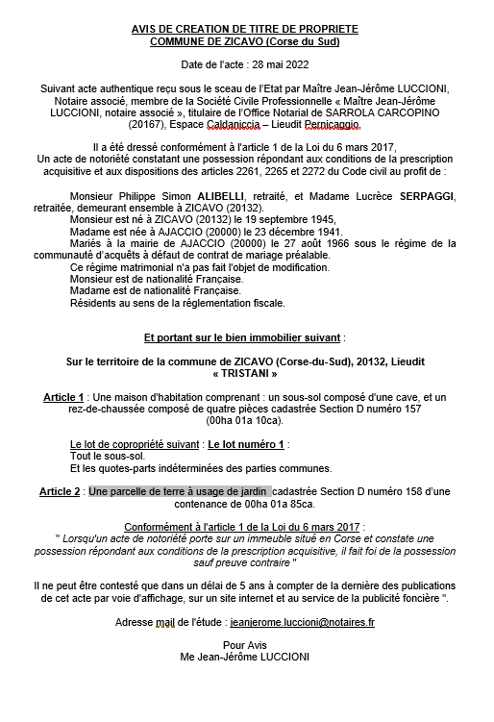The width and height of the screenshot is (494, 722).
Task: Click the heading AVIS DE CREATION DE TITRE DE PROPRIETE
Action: click(250, 29)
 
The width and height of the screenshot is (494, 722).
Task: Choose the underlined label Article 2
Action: click(60, 491)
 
